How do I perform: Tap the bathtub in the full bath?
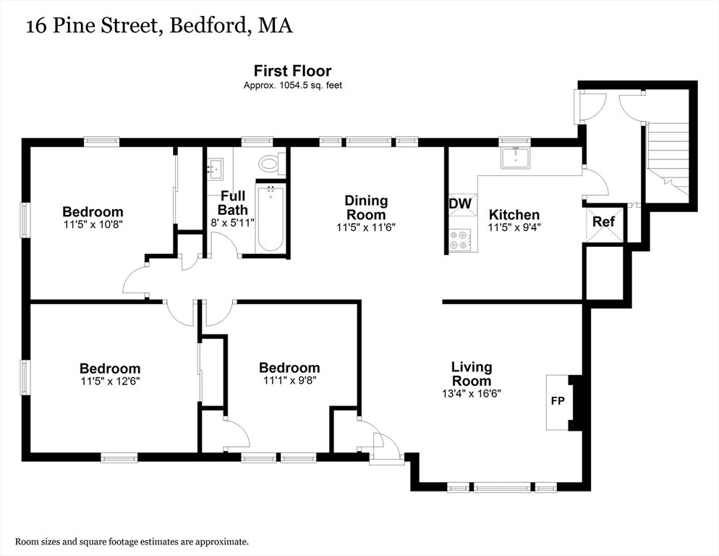tap(271, 218)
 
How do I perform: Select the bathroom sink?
tap(215, 169)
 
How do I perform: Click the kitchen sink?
tap(515, 158)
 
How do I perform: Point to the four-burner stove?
tap(459, 240)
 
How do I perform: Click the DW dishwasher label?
tap(460, 203)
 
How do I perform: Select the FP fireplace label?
tap(558, 401)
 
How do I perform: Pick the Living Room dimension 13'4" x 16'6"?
tap(472, 393)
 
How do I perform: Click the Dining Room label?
tap(366, 208)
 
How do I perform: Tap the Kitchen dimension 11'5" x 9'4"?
tap(514, 227)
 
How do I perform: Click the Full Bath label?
tap(233, 203)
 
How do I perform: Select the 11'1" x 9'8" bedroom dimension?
tap(290, 381)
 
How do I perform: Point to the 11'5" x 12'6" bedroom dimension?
tap(110, 381)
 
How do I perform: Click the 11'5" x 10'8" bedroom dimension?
tap(93, 224)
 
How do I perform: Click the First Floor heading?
tap(292, 71)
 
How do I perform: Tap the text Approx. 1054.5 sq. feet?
tap(292, 85)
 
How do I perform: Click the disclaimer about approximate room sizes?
tap(132, 542)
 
